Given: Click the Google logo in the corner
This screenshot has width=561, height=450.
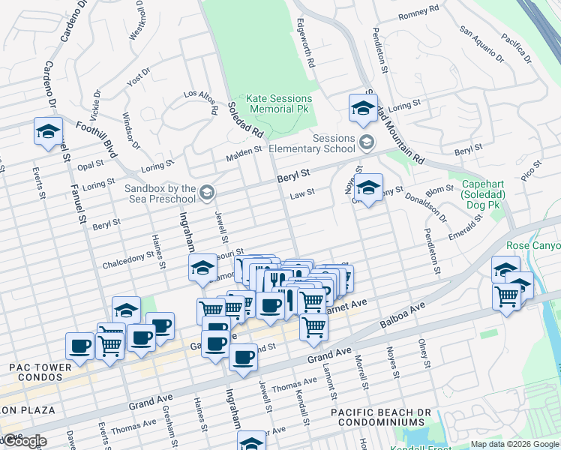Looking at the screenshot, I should pos(24,441).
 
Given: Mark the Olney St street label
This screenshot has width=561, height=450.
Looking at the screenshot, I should pos(424,353).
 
